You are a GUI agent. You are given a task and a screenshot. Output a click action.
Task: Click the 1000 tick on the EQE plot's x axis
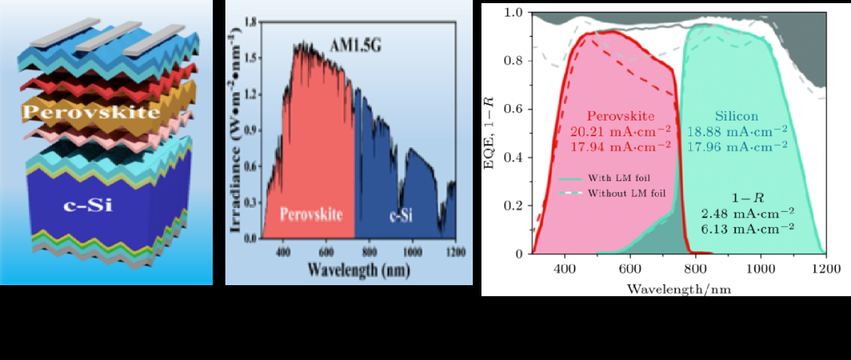click(x=760, y=267)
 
